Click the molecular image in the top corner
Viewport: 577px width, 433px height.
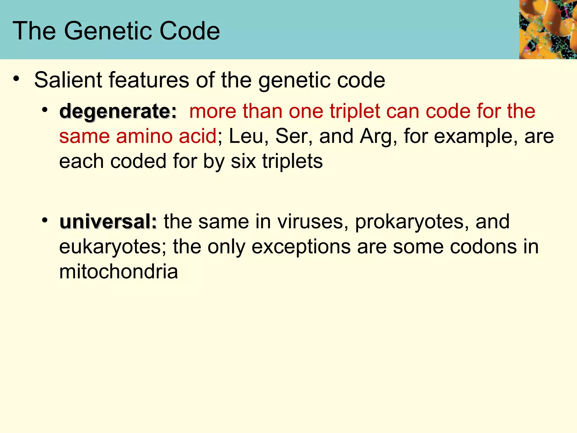click(548, 29)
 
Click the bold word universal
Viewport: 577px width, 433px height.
click(108, 222)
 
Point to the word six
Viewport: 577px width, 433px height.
click(243, 162)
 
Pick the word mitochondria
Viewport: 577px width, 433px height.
click(119, 272)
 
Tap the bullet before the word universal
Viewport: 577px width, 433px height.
click(45, 220)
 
